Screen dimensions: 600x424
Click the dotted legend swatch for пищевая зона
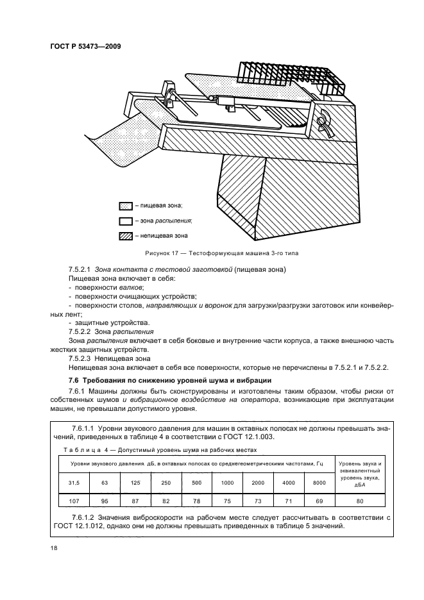click(125, 205)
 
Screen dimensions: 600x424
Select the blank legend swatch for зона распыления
click(125, 221)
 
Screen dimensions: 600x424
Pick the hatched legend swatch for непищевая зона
click(125, 236)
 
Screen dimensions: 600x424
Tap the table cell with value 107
click(74, 500)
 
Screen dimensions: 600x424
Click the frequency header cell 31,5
click(74, 481)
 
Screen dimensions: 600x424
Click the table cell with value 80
click(360, 500)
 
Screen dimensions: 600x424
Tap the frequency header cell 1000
click(228, 481)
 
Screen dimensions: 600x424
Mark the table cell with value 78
click(197, 500)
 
